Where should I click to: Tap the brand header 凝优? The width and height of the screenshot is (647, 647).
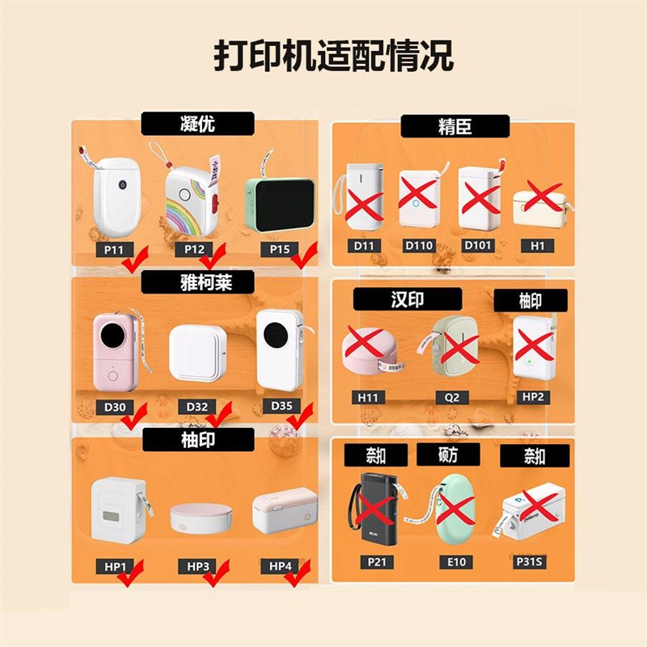(198, 124)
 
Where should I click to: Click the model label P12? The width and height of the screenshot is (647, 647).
(194, 249)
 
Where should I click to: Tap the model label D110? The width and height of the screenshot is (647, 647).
(418, 245)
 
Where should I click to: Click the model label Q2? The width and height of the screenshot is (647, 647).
(452, 398)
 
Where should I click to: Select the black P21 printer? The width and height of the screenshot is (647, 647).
(374, 508)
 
